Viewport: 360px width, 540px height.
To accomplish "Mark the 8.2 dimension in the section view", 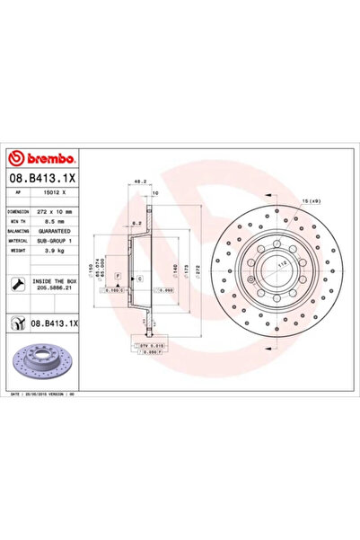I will (x=132, y=222).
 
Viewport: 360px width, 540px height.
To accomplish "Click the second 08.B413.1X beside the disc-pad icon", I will (x=55, y=322).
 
